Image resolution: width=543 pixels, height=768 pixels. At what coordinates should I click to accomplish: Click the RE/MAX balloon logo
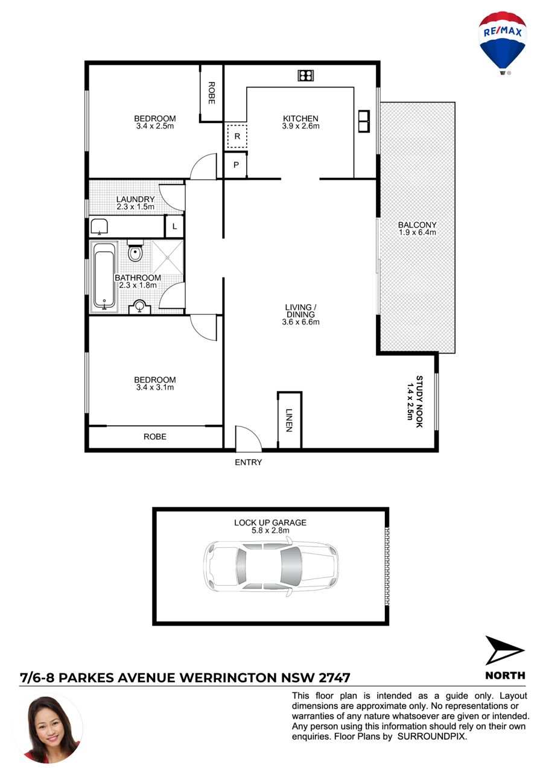tap(502, 43)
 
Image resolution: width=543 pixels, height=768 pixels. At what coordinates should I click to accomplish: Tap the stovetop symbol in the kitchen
tap(305, 75)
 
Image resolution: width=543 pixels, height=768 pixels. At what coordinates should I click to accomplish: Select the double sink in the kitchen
tap(364, 121)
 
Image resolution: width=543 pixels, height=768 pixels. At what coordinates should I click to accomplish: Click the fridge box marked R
tap(237, 136)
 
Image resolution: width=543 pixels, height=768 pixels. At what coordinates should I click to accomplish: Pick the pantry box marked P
tap(235, 165)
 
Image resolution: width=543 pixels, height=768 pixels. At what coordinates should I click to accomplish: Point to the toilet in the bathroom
tap(135, 250)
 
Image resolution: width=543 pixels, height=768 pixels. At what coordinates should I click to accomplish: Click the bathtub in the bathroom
tap(104, 278)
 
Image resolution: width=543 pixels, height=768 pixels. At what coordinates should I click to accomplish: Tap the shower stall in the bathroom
tap(167, 257)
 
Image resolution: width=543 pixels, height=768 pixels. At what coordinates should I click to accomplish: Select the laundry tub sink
tap(100, 227)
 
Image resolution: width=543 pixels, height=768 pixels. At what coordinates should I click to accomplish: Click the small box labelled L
tap(174, 226)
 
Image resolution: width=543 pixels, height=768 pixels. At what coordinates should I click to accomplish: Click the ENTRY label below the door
tap(248, 462)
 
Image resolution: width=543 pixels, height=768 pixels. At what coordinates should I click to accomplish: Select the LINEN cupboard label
tap(289, 420)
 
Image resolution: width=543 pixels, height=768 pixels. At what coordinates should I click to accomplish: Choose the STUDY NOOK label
tap(419, 401)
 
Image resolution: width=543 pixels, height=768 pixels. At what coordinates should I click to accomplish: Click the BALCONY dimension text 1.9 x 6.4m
tap(417, 232)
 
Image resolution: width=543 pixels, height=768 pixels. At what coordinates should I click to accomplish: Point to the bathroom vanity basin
tap(139, 306)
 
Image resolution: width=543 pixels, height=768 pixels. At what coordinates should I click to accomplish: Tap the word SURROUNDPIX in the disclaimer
tap(431, 737)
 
